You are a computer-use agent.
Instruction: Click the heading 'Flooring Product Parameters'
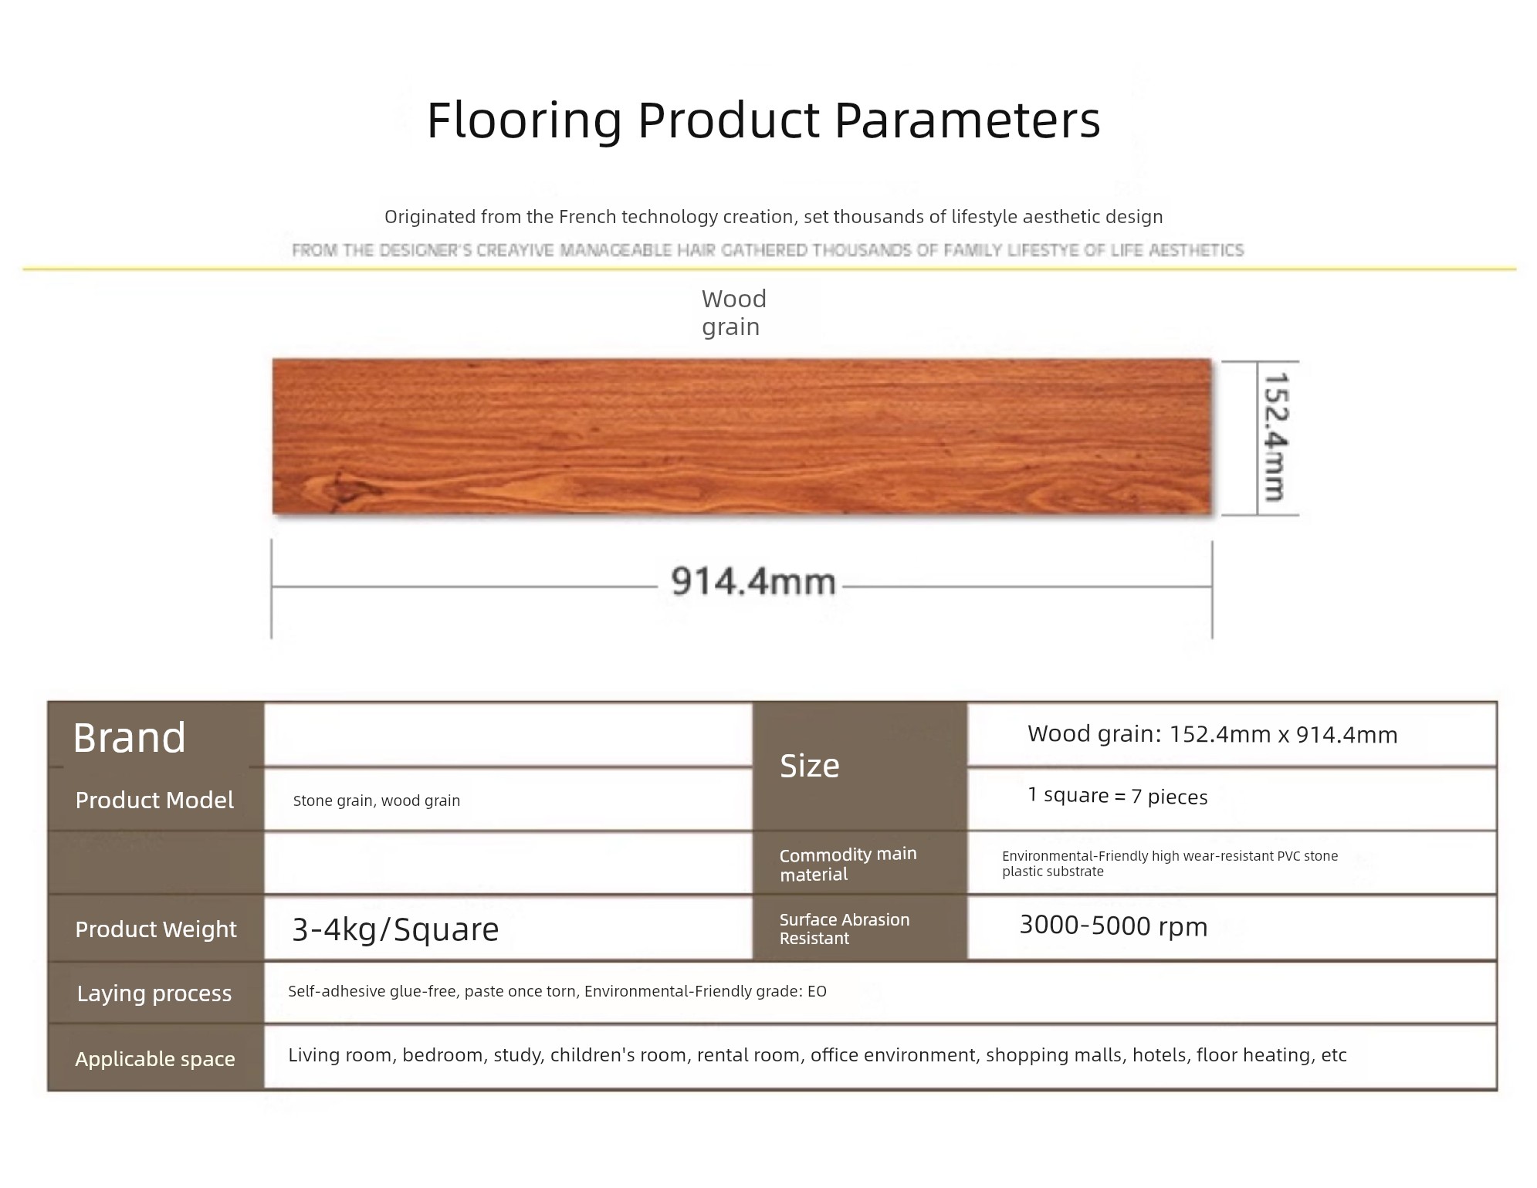click(x=763, y=121)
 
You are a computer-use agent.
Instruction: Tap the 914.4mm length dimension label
click(x=753, y=582)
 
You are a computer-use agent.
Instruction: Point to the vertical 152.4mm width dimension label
click(x=1275, y=437)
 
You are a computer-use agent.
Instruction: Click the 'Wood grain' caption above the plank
click(x=733, y=313)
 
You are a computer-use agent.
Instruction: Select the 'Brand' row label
click(x=130, y=738)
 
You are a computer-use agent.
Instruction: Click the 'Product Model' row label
click(x=154, y=800)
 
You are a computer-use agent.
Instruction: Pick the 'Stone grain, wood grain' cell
click(x=377, y=801)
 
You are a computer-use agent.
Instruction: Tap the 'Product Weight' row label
click(x=156, y=929)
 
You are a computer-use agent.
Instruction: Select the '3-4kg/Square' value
click(x=395, y=930)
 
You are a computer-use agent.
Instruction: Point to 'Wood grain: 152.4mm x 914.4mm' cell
click(x=1213, y=734)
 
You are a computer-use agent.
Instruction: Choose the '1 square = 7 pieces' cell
click(x=1118, y=797)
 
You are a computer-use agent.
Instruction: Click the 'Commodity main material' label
click(x=848, y=865)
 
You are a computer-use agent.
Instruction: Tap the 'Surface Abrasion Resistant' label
click(x=845, y=929)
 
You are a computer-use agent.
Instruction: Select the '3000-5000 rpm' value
click(x=1114, y=926)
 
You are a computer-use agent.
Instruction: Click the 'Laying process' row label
click(x=154, y=993)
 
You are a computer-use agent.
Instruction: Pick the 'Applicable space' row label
click(x=155, y=1059)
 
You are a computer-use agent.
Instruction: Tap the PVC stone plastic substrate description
click(x=1170, y=864)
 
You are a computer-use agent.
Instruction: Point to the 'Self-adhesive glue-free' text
click(x=372, y=991)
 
